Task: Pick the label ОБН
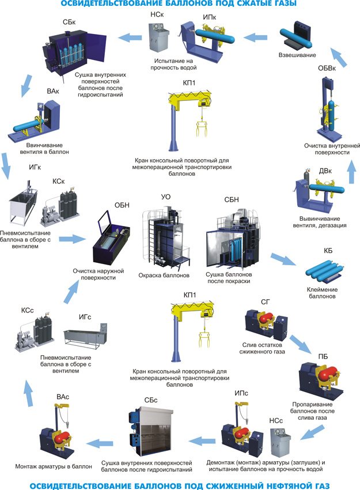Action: point(122,205)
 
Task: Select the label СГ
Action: point(265,300)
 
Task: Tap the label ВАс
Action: point(63,397)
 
